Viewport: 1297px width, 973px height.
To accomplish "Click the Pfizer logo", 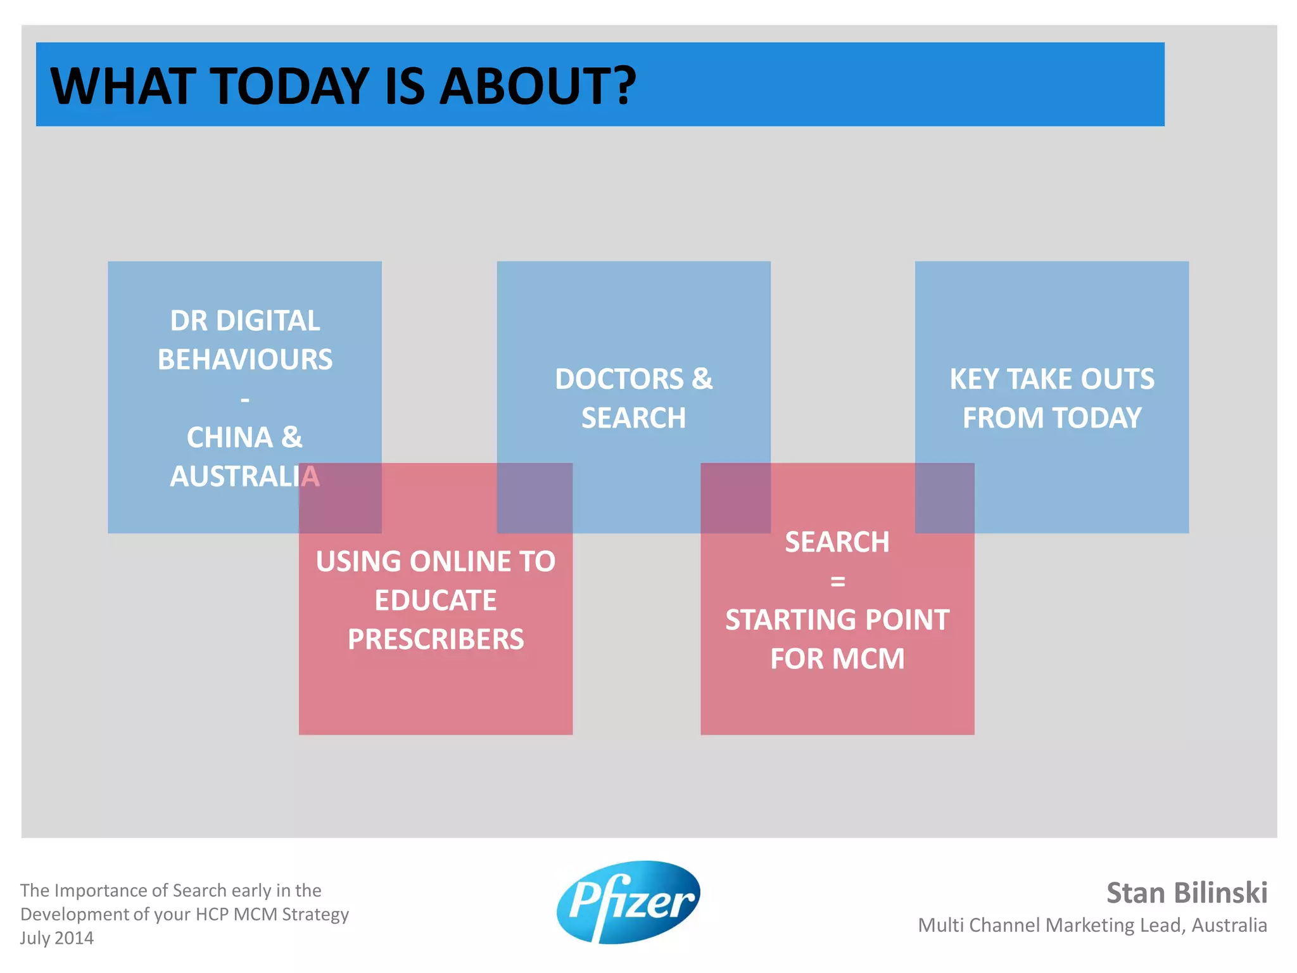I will coord(628,902).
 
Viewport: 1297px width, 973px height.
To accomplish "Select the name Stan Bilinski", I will coord(1186,893).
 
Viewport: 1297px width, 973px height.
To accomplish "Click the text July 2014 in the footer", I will coord(57,938).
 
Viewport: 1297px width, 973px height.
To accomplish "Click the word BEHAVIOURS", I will coord(245,360).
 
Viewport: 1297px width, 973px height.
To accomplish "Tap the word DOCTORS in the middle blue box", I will coord(619,379).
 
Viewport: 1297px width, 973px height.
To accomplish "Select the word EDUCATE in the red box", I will coord(436,601).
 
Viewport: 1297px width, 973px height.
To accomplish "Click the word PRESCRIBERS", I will coord(436,639).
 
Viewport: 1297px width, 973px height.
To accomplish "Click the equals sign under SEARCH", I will coord(837,582).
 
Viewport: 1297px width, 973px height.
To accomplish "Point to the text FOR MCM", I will coord(837,659).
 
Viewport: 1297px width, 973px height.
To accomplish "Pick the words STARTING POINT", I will coord(837,620).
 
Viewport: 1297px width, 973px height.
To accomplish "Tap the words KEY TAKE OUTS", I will coord(1052,379).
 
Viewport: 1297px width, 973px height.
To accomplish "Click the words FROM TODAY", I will coord(1052,418).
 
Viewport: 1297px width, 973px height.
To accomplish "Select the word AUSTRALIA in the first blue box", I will coord(245,477).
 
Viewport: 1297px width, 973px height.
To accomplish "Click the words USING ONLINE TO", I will coord(436,562).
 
